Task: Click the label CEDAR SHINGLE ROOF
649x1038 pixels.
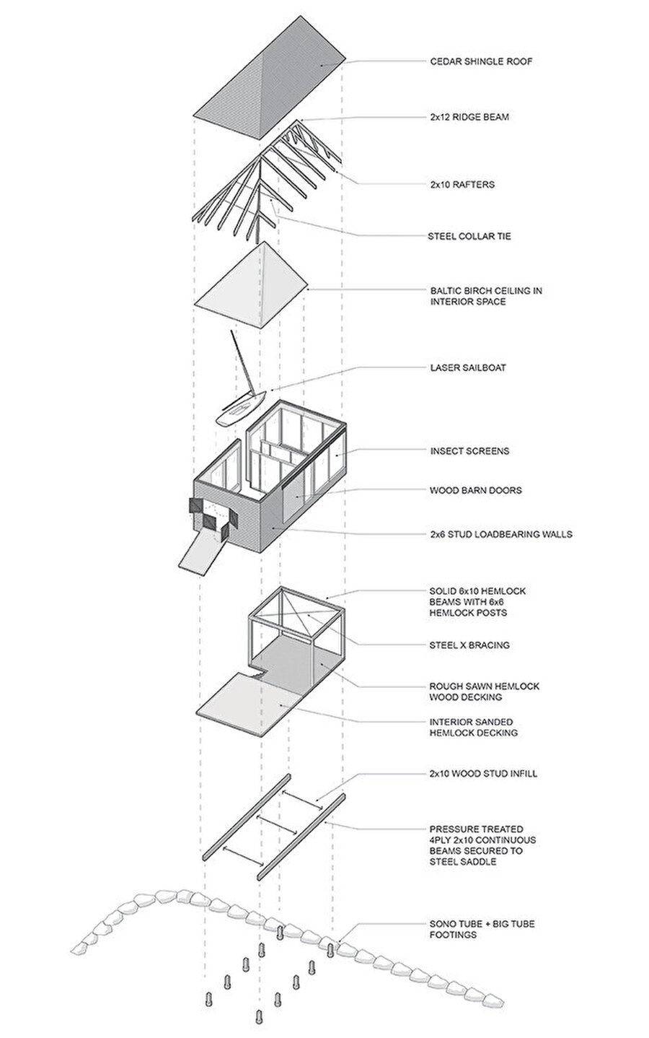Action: [481, 61]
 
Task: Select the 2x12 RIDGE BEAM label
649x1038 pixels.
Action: [469, 116]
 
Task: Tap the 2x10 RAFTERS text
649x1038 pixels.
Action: [462, 184]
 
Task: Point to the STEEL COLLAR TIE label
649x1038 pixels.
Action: [470, 236]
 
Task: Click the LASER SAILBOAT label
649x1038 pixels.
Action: [468, 367]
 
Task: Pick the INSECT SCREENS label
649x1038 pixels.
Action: [469, 451]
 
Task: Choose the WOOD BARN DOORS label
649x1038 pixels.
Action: [475, 490]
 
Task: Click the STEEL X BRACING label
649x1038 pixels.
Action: [469, 645]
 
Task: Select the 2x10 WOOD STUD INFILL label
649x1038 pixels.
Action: [483, 774]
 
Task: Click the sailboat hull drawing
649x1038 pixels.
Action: [240, 409]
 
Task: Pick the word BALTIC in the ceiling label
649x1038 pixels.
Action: [446, 291]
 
